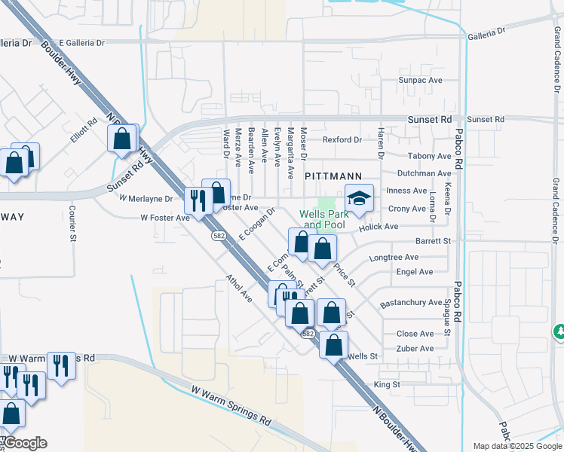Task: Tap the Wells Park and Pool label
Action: point(322,219)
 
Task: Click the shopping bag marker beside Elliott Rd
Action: point(121,139)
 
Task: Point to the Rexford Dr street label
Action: point(342,140)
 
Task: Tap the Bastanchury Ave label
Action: point(411,303)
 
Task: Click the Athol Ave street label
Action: point(239,289)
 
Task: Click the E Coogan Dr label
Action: point(252,224)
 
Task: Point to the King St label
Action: point(386,384)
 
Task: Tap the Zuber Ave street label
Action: point(415,349)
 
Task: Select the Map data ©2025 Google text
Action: point(516,446)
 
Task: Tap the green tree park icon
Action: point(559,331)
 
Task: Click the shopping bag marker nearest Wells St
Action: point(334,345)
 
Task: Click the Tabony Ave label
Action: point(428,157)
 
